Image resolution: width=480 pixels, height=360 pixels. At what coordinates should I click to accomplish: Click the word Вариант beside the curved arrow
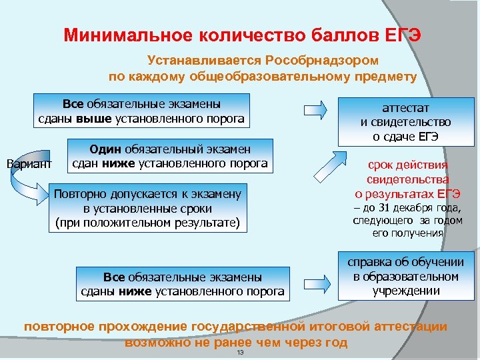[27, 163]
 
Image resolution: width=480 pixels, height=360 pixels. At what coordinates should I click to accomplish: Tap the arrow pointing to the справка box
[317, 277]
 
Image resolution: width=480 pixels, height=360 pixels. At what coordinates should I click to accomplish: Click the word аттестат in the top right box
[405, 107]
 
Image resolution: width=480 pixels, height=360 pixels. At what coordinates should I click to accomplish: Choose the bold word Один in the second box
[104, 149]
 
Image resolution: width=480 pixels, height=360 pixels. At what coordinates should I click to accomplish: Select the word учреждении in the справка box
[405, 291]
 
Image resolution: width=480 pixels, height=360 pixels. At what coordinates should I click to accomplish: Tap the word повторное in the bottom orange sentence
[59, 327]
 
